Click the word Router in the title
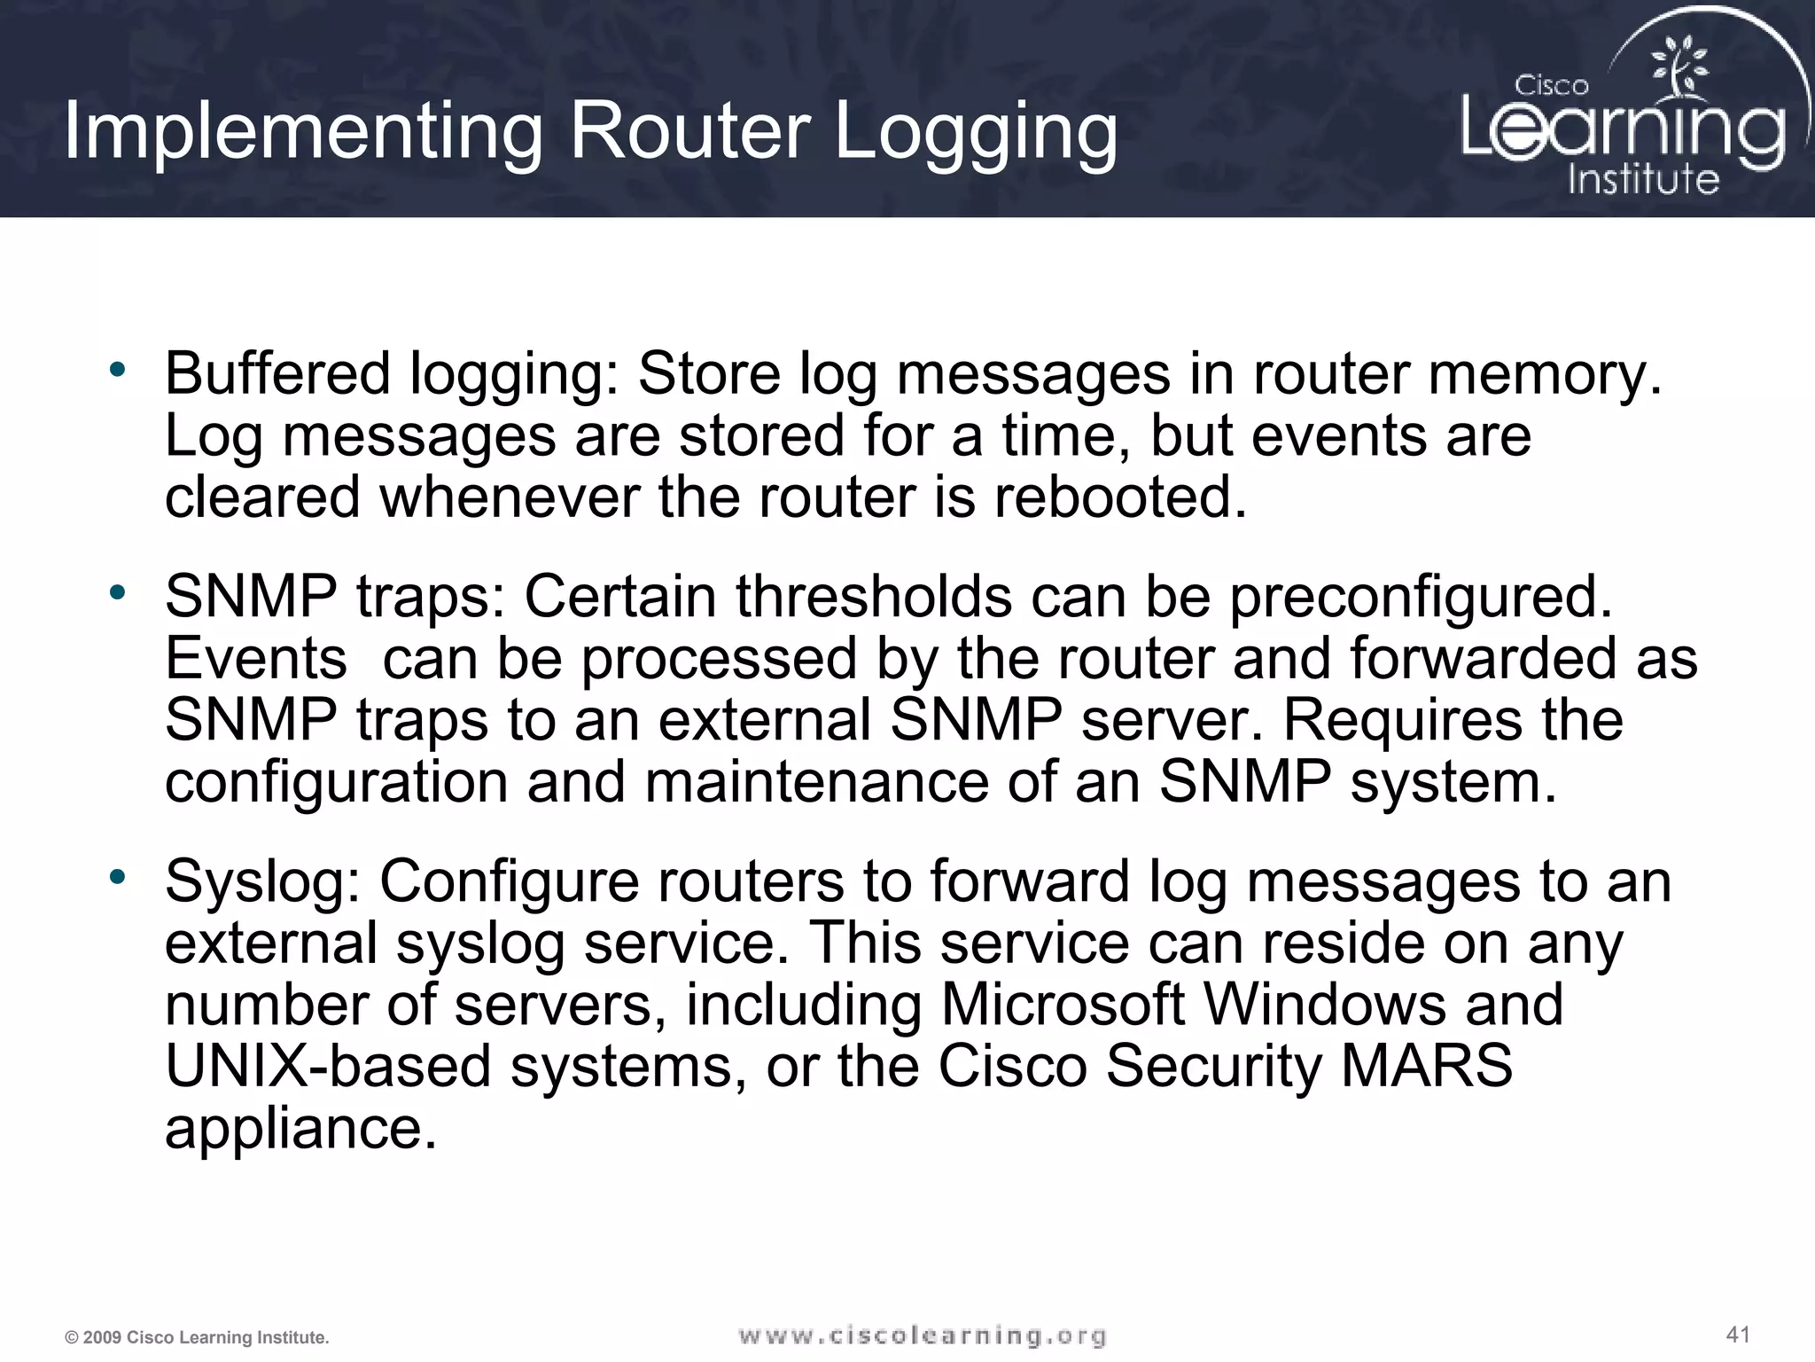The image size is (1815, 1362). [689, 132]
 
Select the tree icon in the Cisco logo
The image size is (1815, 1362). [1679, 67]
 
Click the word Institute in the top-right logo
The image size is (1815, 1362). [1643, 179]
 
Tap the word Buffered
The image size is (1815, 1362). [277, 373]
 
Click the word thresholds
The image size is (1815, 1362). [874, 596]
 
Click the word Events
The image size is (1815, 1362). [256, 658]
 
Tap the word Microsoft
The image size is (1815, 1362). [1062, 1004]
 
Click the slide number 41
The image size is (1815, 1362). [1738, 1334]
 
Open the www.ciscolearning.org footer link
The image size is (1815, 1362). [923, 1335]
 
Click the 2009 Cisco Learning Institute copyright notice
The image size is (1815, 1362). [197, 1337]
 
